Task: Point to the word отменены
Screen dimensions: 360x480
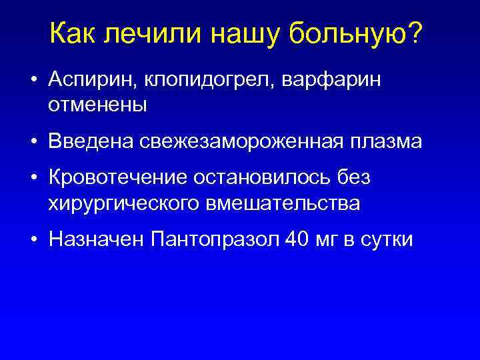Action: pyautogui.click(x=97, y=105)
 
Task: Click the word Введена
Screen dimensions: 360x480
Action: pyautogui.click(x=90, y=141)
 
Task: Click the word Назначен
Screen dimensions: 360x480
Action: pyautogui.click(x=97, y=239)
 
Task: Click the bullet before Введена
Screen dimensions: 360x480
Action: pyautogui.click(x=32, y=141)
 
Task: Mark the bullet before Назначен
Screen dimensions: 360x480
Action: pyautogui.click(x=32, y=239)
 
